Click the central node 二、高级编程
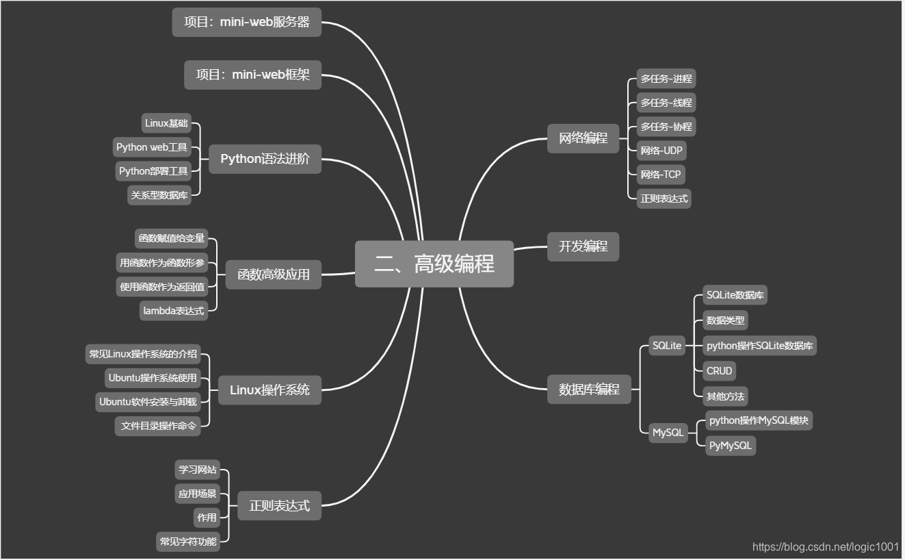click(434, 264)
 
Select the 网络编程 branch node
click(583, 138)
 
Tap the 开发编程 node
click(583, 246)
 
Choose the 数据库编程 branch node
click(589, 390)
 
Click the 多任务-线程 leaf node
click(666, 103)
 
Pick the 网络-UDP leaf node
click(661, 151)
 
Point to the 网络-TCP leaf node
click(661, 175)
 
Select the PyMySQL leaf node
click(731, 446)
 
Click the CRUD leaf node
click(720, 371)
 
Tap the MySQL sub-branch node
click(668, 433)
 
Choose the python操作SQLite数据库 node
click(760, 346)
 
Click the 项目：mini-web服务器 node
click(246, 22)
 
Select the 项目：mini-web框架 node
click(252, 75)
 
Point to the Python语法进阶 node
click(265, 159)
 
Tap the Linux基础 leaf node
click(166, 123)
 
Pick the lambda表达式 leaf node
click(173, 311)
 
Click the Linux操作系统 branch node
click(270, 390)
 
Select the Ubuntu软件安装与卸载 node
click(148, 402)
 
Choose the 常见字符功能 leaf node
click(188, 542)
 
